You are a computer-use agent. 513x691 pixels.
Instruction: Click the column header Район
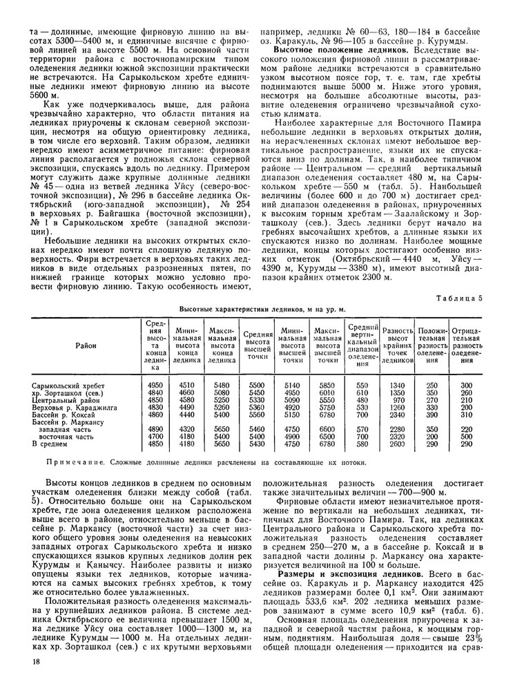click(x=86, y=345)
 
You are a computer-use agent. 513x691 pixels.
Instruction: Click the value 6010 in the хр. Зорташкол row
click(x=328, y=392)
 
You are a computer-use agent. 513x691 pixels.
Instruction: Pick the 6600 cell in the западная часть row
click(x=328, y=428)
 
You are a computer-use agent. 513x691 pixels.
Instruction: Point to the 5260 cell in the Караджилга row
click(x=221, y=406)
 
